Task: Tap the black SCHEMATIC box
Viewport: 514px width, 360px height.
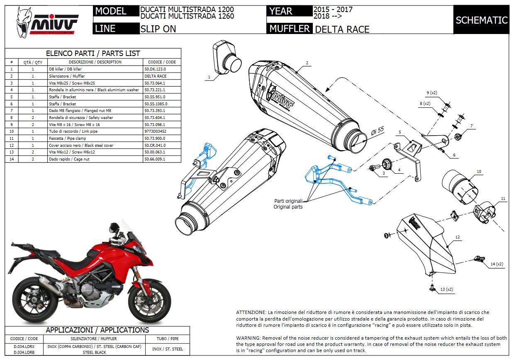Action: pyautogui.click(x=481, y=20)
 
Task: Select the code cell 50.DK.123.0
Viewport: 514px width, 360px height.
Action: pyautogui.click(x=155, y=69)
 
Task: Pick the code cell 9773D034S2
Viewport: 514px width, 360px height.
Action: pyautogui.click(x=156, y=131)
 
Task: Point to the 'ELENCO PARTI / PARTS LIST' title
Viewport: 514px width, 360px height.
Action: pyautogui.click(x=93, y=54)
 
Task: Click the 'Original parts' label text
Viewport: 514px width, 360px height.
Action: pyautogui.click(x=288, y=207)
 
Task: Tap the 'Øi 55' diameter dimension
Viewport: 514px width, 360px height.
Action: pyautogui.click(x=375, y=132)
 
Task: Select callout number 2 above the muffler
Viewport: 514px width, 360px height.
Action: pyautogui.click(x=307, y=63)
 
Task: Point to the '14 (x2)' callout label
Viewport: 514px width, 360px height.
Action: pyautogui.click(x=497, y=264)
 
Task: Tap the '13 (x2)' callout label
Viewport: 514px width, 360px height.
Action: pyautogui.click(x=446, y=289)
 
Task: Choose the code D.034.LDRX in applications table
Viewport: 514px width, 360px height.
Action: pyautogui.click(x=24, y=346)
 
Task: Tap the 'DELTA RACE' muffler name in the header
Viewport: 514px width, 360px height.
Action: pyautogui.click(x=342, y=29)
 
